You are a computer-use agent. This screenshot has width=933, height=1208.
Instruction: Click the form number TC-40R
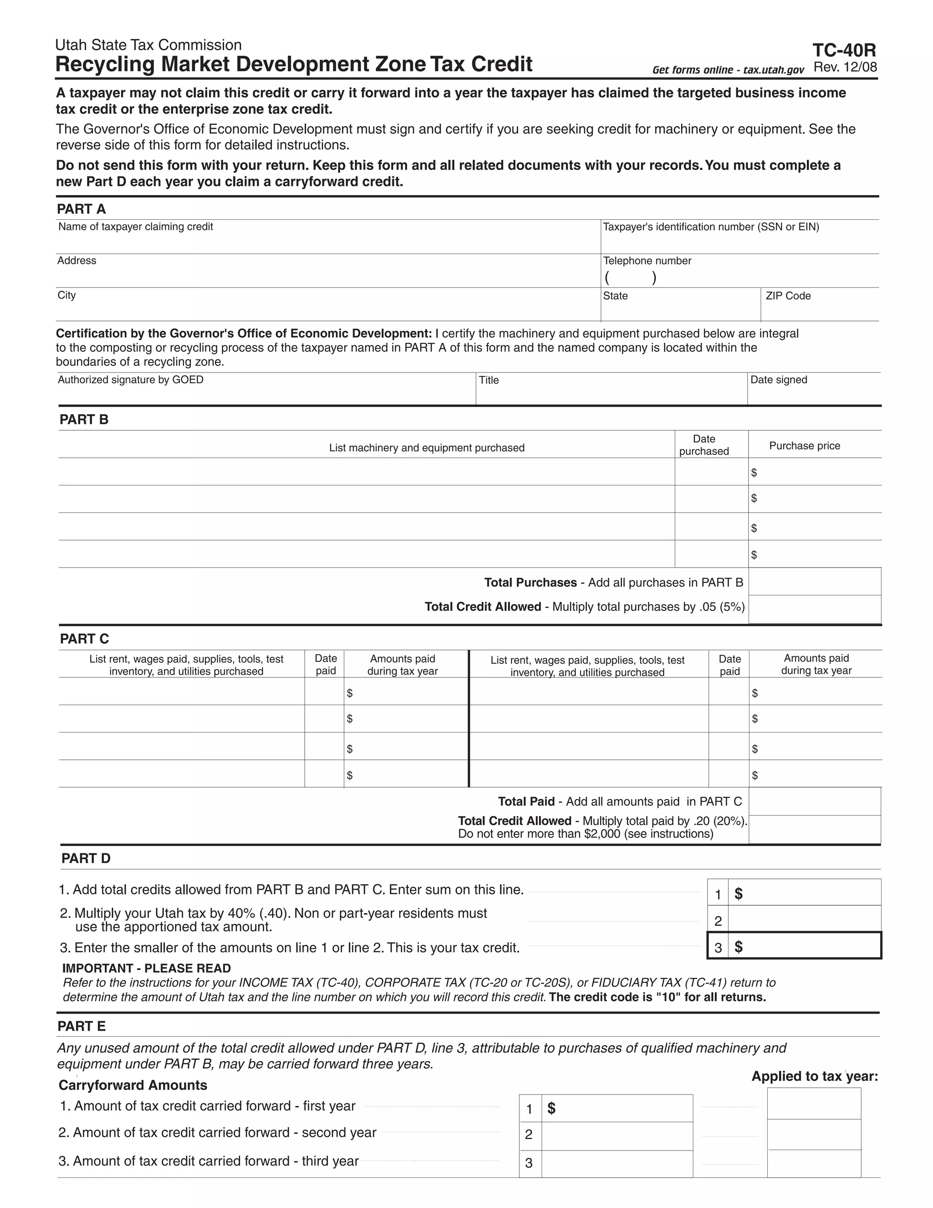[844, 51]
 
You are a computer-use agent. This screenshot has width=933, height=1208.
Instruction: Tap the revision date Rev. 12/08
[845, 67]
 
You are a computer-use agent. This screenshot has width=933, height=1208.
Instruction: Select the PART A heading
[81, 209]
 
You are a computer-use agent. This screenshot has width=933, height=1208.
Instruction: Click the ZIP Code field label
[788, 296]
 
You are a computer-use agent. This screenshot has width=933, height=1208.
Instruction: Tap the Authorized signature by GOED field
[265, 389]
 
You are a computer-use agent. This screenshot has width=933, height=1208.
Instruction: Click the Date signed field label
[778, 380]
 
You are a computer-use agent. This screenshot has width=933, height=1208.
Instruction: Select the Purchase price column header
[804, 446]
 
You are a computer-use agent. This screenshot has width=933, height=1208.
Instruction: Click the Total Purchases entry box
[814, 582]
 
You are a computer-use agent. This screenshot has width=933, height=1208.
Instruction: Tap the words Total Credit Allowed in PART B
[482, 607]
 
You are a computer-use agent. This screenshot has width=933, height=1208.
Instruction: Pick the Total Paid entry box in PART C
[814, 801]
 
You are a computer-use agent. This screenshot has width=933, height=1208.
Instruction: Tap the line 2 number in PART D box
[718, 921]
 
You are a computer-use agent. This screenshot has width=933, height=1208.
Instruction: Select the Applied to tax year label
[814, 1076]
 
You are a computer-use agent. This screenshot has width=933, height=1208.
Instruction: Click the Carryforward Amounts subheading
[133, 1085]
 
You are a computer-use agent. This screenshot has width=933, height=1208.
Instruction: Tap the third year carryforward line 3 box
[616, 1163]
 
